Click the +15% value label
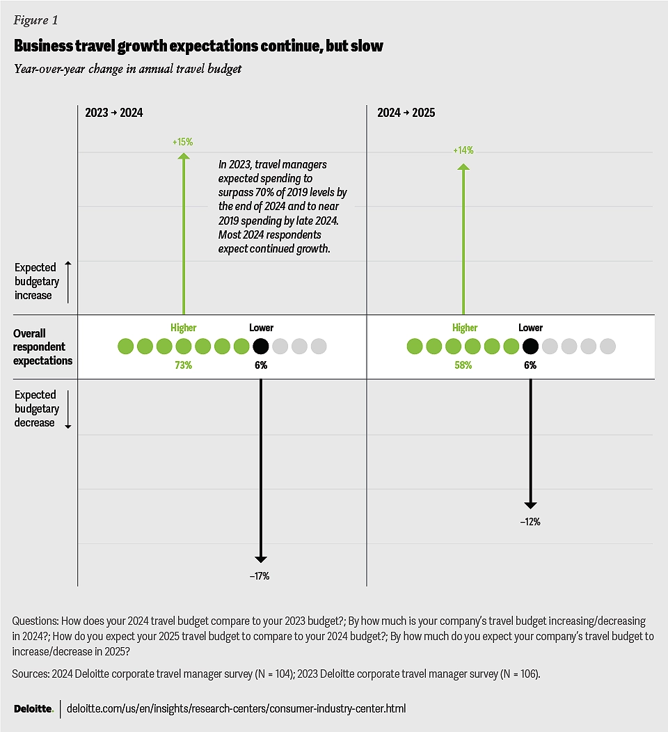point(183,142)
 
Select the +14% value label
point(463,150)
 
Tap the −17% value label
point(260,576)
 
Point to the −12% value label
point(530,522)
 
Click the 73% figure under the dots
point(183,365)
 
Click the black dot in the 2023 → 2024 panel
point(261,346)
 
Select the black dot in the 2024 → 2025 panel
point(530,346)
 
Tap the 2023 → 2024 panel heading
point(114,113)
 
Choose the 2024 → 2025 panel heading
point(406,113)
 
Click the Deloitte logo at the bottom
point(33,708)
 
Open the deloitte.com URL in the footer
point(236,708)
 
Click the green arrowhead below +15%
point(183,157)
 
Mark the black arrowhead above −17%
point(261,557)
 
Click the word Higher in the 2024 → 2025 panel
point(465,328)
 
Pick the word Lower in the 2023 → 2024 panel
point(261,328)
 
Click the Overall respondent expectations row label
point(43,347)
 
